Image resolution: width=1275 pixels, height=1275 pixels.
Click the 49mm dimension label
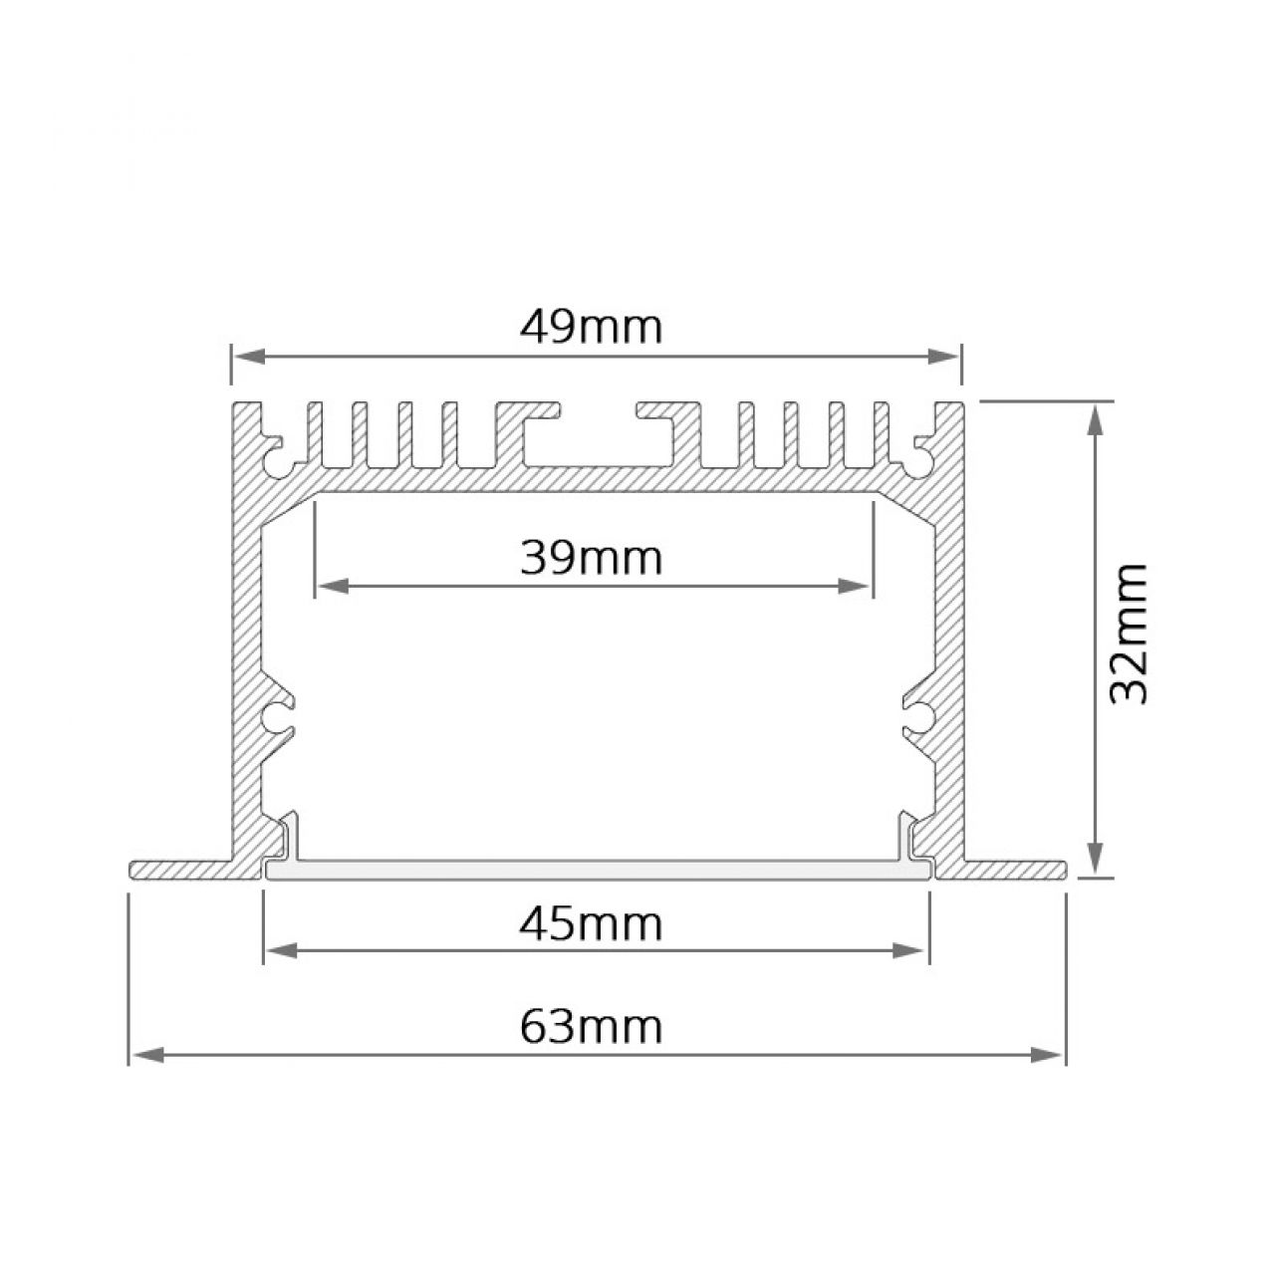point(591,328)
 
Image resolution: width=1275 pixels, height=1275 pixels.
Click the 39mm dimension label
point(591,558)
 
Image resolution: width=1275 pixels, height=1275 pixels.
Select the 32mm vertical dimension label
point(1129,634)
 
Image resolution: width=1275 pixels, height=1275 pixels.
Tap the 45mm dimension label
point(591,924)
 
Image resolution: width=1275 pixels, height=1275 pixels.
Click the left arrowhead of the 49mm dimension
point(250,358)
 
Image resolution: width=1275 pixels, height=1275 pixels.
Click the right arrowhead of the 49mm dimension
point(943,358)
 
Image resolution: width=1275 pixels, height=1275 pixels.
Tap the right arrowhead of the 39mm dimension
point(854,587)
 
